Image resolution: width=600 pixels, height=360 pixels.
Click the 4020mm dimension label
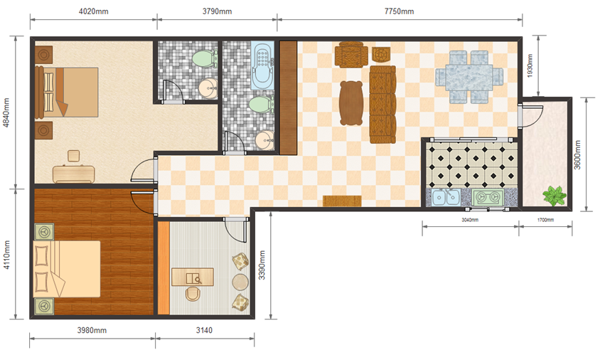[94, 11]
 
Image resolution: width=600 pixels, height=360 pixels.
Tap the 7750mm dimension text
[399, 11]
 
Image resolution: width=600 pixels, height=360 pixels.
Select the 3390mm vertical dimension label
[262, 265]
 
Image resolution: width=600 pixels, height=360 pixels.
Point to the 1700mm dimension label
[545, 220]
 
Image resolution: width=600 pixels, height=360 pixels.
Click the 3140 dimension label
[204, 330]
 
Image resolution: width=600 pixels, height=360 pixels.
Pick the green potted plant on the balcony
[554, 196]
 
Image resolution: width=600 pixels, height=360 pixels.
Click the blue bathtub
[262, 65]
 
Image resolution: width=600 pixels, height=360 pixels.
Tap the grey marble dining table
[469, 77]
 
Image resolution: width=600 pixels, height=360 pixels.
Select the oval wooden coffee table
[351, 103]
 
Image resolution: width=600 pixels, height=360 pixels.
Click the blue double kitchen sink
[446, 197]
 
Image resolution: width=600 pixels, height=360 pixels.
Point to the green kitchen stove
[488, 198]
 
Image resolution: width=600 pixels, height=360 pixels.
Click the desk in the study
[193, 277]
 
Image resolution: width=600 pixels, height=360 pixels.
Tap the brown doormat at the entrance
[342, 201]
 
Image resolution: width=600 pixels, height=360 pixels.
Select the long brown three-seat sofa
[382, 105]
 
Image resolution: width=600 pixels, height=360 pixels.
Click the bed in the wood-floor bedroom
[67, 269]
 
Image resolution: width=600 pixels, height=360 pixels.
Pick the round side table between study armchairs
[240, 282]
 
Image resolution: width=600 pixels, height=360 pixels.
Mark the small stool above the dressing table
[73, 156]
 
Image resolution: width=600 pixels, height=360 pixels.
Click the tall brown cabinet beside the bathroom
[288, 98]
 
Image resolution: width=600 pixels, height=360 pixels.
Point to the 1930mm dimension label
[530, 65]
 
